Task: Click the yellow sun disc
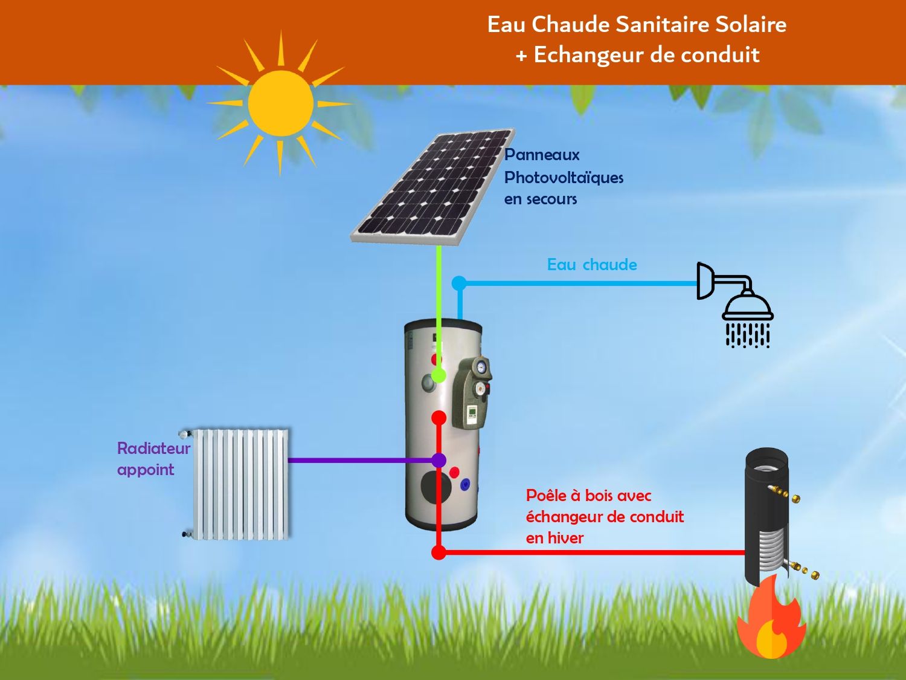281,103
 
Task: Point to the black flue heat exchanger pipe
766,517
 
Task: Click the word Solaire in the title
751,25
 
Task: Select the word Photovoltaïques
564,178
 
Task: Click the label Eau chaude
592,265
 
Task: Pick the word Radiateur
153,448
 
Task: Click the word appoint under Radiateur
146,470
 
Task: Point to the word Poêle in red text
545,496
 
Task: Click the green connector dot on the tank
439,375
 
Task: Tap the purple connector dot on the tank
439,461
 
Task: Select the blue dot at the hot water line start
459,282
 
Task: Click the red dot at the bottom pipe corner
439,552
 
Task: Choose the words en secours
541,199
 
